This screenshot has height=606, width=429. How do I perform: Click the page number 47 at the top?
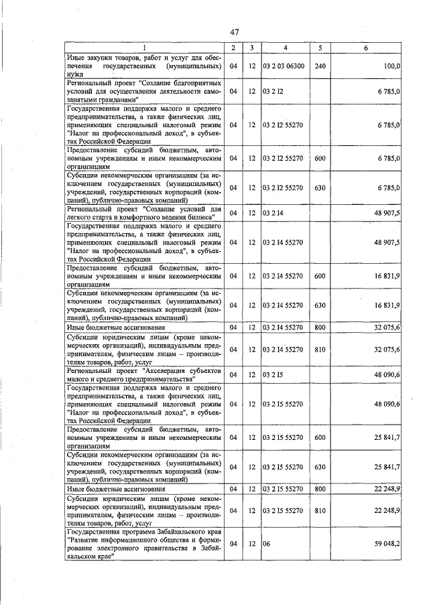coord(234,32)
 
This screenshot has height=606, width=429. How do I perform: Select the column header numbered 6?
coord(365,48)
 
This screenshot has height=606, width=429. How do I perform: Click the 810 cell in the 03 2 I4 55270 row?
coord(320,349)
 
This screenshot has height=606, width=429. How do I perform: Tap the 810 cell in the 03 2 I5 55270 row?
coord(320,510)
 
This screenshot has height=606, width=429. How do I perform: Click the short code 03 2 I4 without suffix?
coord(272,213)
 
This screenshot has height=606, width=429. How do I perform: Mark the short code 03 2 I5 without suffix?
coord(272,374)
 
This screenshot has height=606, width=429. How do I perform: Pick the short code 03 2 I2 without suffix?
coord(272,90)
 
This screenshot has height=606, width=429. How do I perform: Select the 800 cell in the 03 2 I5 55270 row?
coord(320,489)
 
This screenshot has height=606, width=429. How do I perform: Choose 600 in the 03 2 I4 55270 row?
coord(320,275)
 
